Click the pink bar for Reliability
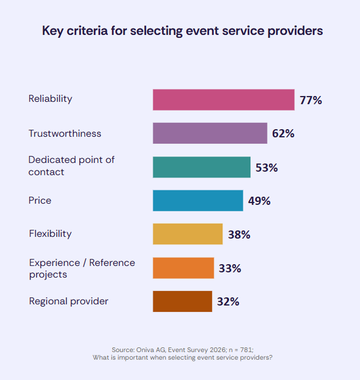pos(223,100)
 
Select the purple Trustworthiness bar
pos(210,133)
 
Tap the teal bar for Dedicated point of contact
pos(202,167)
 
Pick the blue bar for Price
pos(197,201)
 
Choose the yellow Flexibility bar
pos(188,234)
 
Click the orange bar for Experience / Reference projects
pos(183,268)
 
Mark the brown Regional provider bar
pos(182,301)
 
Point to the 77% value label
pos(310,100)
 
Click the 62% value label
pos(283,134)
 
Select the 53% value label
pos(266,168)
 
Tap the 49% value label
pos(259,201)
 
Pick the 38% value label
pos(239,235)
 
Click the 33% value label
pos(230,268)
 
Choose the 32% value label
pos(228,302)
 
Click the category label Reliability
pos(50,99)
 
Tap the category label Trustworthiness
pos(65,133)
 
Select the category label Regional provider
pos(68,301)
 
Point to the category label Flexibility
pos(50,234)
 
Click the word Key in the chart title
pos(52,31)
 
